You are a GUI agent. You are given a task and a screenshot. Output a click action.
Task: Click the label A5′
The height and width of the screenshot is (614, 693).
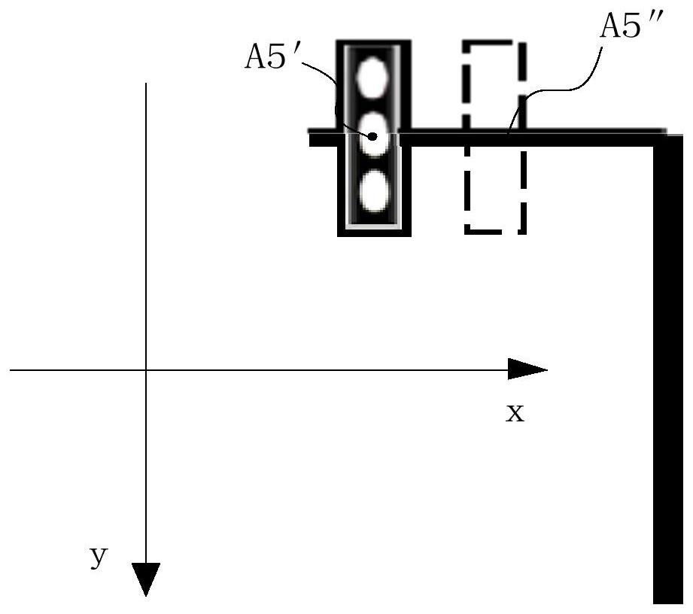272,57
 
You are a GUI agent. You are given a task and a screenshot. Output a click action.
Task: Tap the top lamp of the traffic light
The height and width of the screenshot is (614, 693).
372,78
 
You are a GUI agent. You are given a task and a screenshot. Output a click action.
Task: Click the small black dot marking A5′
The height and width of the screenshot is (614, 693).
372,136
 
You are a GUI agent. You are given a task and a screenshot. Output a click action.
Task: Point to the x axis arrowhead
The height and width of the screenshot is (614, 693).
527,369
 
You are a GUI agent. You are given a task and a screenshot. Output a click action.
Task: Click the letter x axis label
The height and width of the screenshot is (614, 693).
515,413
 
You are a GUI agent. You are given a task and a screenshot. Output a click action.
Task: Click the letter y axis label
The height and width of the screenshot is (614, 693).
99,556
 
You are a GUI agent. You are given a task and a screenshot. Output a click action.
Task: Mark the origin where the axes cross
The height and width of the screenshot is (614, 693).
146,369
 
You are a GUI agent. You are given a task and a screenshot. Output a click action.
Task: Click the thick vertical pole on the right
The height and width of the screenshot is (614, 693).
668,369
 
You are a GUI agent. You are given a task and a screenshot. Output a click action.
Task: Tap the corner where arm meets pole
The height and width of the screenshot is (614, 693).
667,138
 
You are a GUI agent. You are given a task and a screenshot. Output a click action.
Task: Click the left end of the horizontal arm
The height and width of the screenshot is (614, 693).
310,138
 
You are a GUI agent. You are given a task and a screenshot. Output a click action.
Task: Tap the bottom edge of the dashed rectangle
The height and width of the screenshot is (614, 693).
495,231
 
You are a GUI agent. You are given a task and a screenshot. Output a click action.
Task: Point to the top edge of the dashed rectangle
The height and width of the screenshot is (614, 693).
495,44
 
